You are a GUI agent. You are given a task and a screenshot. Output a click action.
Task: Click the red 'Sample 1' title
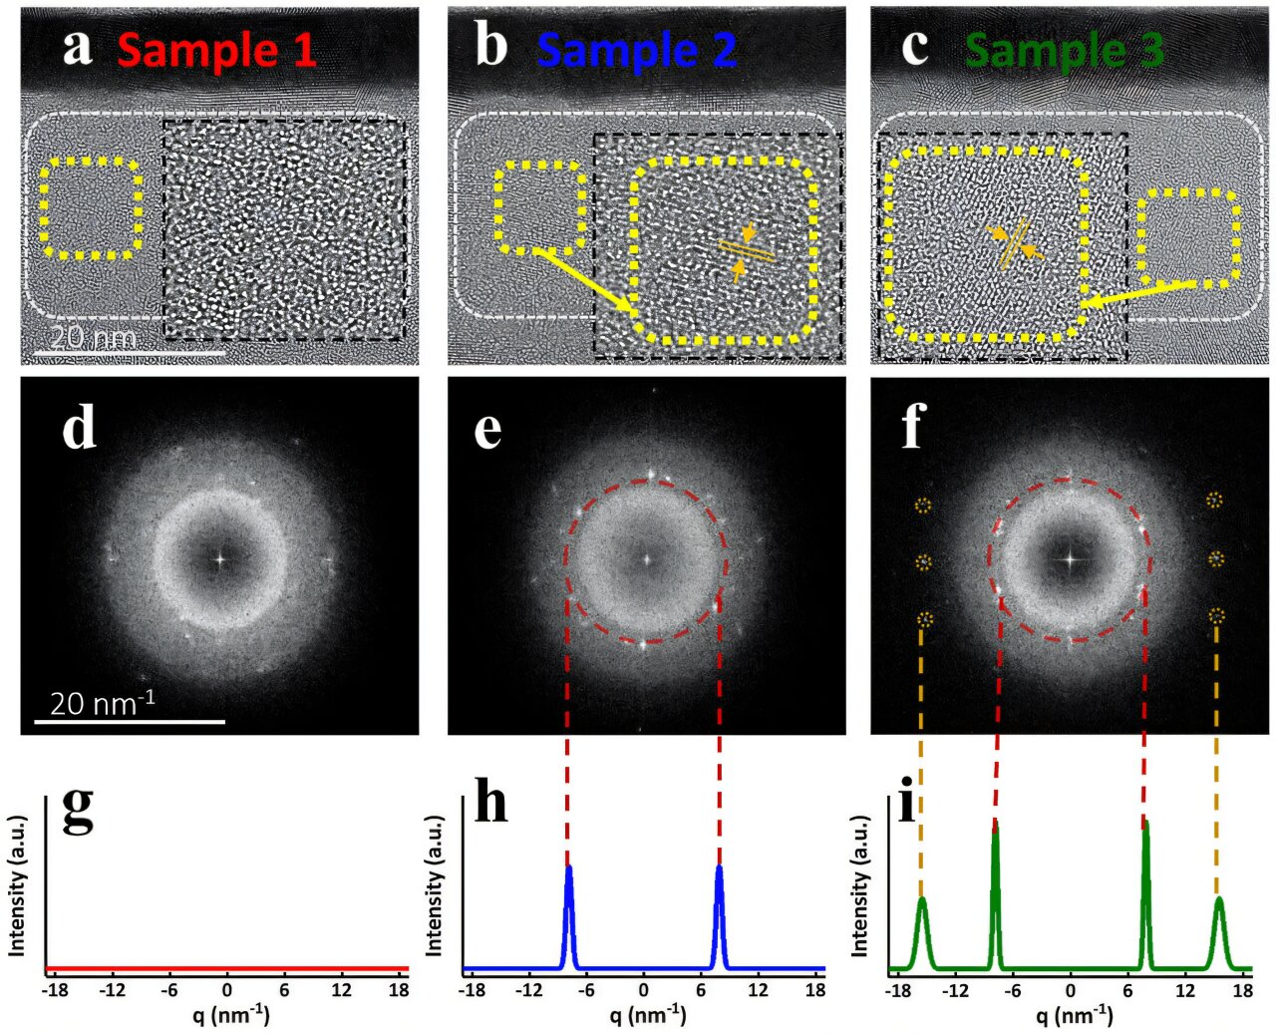click(x=217, y=50)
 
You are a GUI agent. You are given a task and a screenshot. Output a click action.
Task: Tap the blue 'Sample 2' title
click(x=636, y=50)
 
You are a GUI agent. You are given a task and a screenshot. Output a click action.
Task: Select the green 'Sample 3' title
click(x=1065, y=50)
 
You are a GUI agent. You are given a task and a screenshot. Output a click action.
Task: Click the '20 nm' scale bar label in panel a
click(x=93, y=338)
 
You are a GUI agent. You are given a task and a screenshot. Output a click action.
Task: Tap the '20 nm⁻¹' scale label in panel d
click(x=103, y=703)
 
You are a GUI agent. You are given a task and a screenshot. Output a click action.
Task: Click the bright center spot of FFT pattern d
click(x=220, y=559)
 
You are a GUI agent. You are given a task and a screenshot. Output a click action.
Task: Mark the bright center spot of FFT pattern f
click(x=1071, y=559)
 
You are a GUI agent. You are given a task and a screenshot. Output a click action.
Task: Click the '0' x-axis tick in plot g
click(x=227, y=990)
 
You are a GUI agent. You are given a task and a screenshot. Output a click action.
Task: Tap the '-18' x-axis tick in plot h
click(x=473, y=990)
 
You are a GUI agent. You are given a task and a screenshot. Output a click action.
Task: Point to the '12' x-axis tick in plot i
click(x=1184, y=992)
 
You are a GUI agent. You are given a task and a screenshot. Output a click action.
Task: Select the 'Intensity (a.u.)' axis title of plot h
click(x=434, y=885)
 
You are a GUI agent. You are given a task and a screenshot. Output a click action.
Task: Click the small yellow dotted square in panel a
click(x=91, y=208)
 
